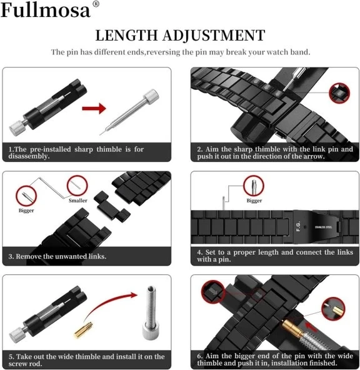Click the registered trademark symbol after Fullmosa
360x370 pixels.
[96, 5]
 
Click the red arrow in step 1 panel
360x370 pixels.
[94, 109]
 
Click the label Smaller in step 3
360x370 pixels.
[78, 200]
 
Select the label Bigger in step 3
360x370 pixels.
[26, 211]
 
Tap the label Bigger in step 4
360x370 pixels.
[254, 201]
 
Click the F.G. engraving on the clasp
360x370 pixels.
[298, 226]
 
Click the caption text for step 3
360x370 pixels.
[57, 256]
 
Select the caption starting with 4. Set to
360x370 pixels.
[275, 256]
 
